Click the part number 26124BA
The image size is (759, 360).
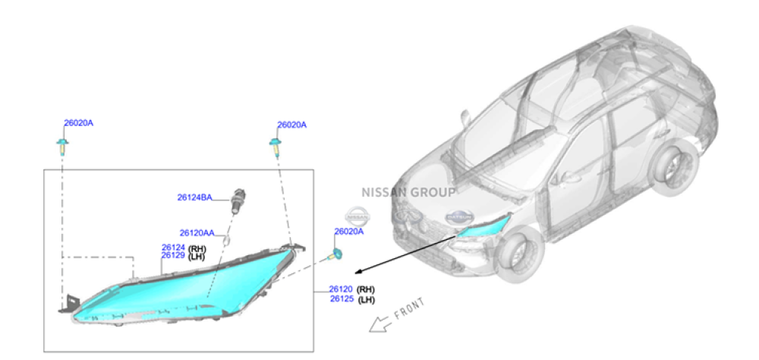tap(194, 197)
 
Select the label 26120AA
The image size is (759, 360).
tap(197, 232)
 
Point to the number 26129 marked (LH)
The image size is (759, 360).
tap(173, 256)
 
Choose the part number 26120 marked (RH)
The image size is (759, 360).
tap(341, 289)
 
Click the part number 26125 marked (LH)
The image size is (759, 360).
tap(342, 299)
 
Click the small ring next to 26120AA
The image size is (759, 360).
tap(225, 240)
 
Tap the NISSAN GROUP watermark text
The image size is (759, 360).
tap(408, 192)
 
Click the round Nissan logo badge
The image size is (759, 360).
tap(357, 216)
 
